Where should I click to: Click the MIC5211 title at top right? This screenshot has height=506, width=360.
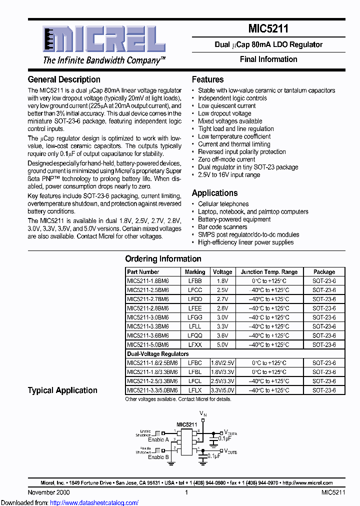point(268,29)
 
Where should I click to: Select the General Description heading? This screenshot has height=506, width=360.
point(64,79)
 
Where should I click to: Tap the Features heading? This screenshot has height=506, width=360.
point(207,79)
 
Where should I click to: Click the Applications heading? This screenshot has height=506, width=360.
point(214,193)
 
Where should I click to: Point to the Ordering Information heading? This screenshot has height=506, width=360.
point(163,258)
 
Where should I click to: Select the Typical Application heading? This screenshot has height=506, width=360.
point(62,390)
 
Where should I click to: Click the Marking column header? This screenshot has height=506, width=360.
point(195,272)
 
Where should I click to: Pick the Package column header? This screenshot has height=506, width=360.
point(324,272)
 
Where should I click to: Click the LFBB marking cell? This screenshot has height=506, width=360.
point(195,281)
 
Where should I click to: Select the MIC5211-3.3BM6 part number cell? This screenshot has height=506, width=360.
point(148,326)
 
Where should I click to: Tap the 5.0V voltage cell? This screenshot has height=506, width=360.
point(222,344)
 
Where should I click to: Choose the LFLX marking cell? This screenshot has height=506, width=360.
point(195,390)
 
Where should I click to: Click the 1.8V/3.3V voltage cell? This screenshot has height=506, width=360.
point(222,372)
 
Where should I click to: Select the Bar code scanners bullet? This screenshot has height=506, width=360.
point(222,227)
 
